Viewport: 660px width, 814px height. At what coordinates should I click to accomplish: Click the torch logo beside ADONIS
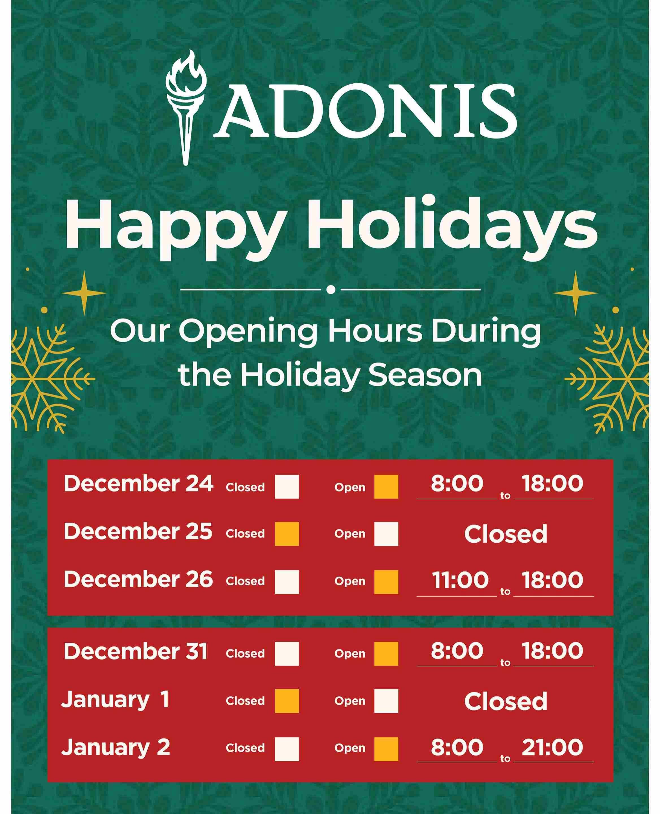tap(186, 108)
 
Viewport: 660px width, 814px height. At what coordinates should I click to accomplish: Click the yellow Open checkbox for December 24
tap(386, 486)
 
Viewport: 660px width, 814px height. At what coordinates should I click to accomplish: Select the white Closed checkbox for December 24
tap(287, 486)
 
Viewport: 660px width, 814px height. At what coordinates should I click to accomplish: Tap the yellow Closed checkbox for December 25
tap(287, 534)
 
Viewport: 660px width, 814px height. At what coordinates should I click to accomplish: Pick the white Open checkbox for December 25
tap(386, 534)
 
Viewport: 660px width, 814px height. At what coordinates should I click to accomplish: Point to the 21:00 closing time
tap(552, 747)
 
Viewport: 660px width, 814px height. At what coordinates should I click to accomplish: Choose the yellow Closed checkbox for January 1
tap(287, 701)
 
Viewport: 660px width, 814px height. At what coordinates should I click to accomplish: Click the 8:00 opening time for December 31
tap(457, 651)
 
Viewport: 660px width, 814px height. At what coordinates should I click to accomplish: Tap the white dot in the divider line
tap(331, 289)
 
